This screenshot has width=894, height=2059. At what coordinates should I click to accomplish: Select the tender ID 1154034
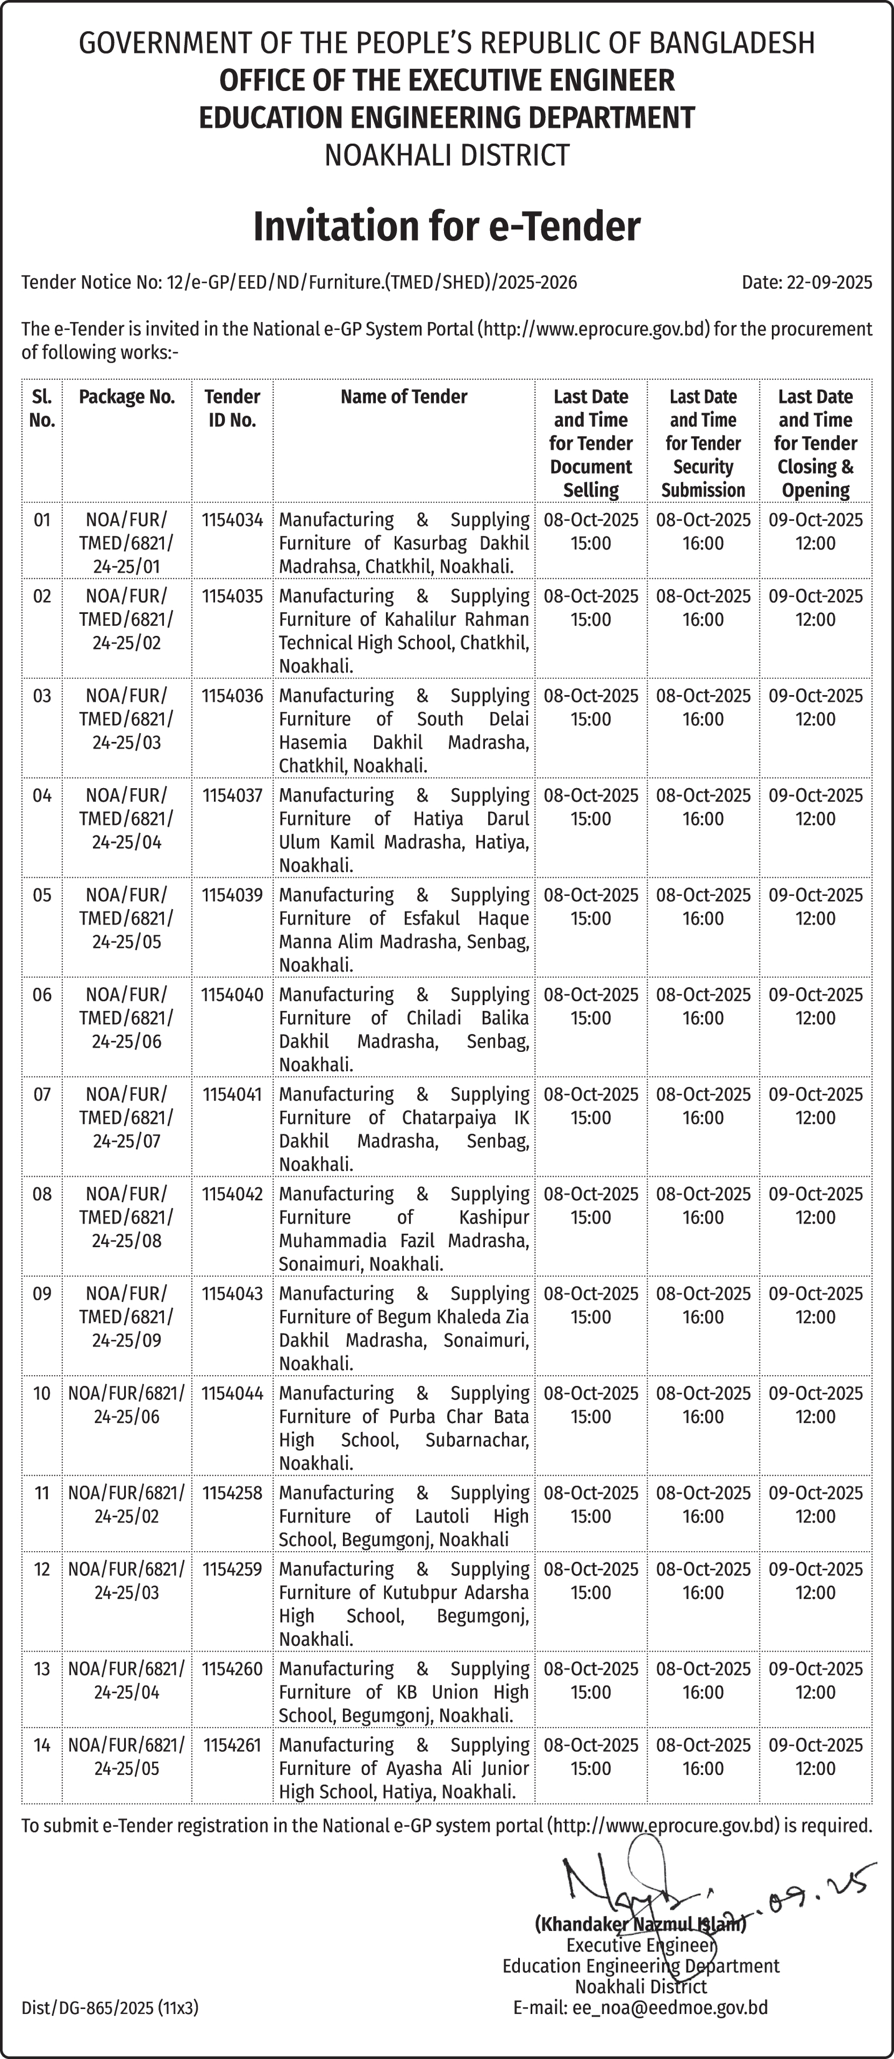tap(232, 520)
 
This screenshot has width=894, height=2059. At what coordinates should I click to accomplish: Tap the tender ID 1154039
tap(232, 895)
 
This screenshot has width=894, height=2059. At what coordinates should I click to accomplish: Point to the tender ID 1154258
tap(232, 1493)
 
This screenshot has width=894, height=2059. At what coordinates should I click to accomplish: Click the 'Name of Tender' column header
tap(404, 397)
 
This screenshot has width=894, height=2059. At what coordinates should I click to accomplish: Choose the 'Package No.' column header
tap(126, 397)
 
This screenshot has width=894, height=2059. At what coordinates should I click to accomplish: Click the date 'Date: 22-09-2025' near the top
tap(807, 282)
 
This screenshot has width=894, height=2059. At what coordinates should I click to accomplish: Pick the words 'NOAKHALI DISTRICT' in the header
tap(447, 154)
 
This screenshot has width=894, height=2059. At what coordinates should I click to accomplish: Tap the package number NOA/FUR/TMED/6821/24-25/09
tap(126, 1317)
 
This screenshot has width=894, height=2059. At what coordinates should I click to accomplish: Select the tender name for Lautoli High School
tap(404, 1516)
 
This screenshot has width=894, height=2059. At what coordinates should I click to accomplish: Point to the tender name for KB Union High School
tap(404, 1692)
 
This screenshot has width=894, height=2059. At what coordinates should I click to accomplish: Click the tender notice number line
tap(299, 282)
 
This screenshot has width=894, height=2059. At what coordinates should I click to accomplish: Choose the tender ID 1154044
tap(232, 1393)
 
